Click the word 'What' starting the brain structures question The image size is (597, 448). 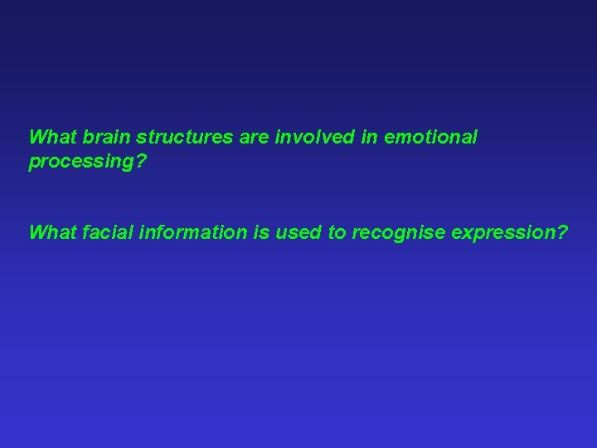(52, 137)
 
